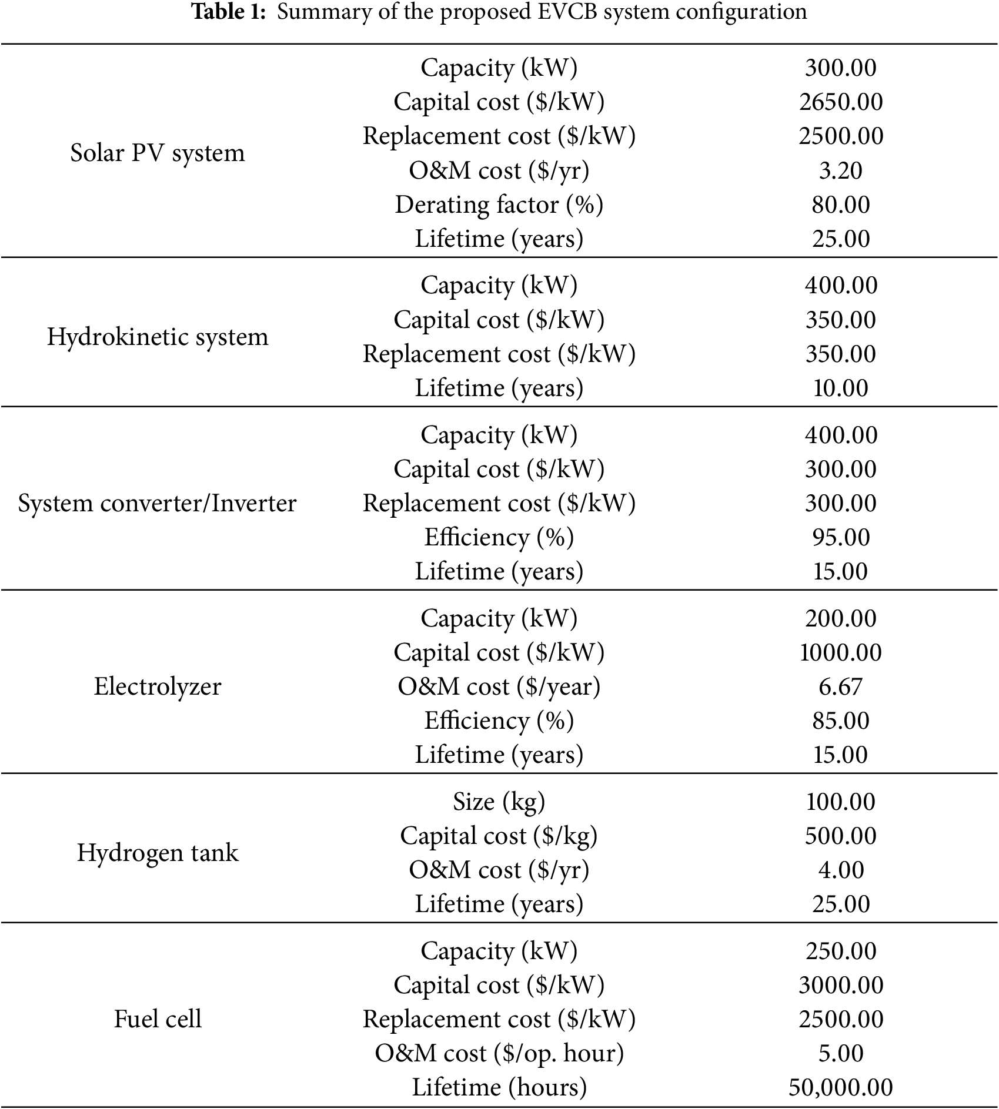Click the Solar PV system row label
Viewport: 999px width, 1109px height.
pos(157,153)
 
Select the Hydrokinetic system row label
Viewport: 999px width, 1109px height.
pos(157,337)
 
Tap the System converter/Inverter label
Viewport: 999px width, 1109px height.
pos(157,503)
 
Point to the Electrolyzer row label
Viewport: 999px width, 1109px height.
pos(157,686)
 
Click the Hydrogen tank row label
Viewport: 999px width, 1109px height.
pos(157,853)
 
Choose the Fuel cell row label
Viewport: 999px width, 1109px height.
pos(157,1019)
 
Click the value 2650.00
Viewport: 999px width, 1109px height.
pos(840,102)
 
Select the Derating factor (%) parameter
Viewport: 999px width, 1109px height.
pos(499,205)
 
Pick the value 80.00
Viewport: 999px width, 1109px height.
pos(840,205)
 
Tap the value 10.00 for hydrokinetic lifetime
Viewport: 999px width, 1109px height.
pos(840,388)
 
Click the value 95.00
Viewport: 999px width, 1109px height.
pos(840,537)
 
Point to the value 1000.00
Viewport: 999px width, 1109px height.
pos(840,652)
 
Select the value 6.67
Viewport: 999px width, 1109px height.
pos(840,686)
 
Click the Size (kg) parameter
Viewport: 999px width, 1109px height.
pos(499,802)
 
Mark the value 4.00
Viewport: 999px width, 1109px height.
pos(840,870)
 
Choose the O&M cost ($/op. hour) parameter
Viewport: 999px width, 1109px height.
pos(499,1053)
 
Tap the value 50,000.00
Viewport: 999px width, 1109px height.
pos(840,1087)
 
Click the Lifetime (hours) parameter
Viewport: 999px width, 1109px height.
pos(499,1087)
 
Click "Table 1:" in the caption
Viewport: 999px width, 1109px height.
pos(230,12)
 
